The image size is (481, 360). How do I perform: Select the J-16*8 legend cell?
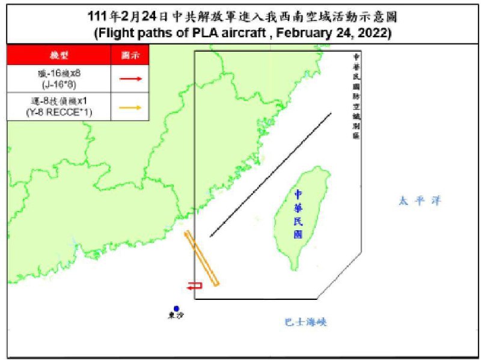click(x=59, y=79)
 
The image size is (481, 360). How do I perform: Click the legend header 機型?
click(x=59, y=55)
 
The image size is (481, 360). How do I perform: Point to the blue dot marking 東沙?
click(x=176, y=308)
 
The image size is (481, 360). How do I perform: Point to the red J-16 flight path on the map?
click(x=195, y=286)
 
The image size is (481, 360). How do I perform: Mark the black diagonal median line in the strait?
click(x=271, y=174)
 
